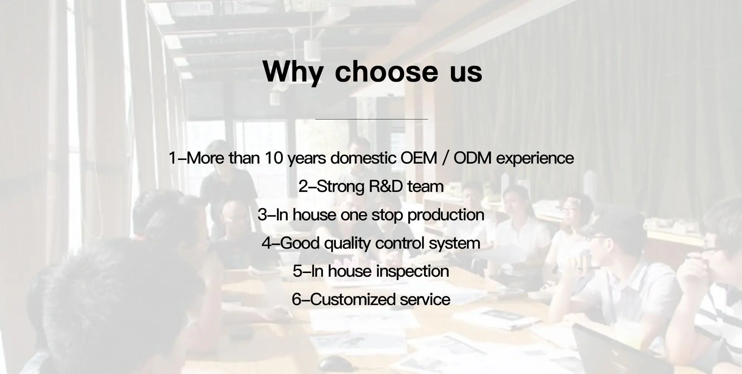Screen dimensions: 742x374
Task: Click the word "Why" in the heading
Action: [x=293, y=72]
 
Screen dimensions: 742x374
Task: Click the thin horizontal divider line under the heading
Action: [x=371, y=119]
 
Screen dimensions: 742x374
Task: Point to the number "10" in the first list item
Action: [x=274, y=158]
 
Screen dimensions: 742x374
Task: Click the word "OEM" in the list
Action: [x=419, y=158]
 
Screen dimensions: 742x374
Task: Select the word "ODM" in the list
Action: [x=473, y=158]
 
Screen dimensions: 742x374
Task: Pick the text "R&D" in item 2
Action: [x=386, y=186]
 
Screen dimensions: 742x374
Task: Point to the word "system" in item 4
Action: [x=454, y=245]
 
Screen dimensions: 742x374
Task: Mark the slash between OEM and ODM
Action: [x=445, y=158]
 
